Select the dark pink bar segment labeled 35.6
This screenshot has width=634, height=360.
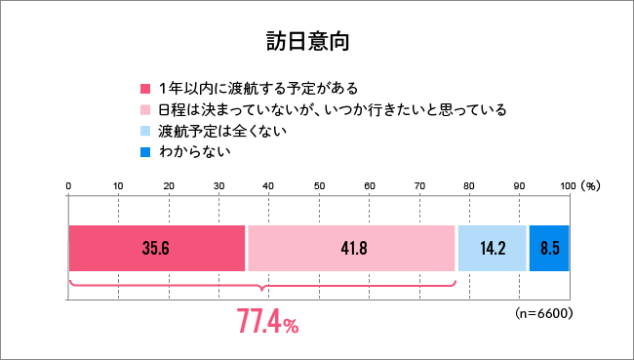point(157,248)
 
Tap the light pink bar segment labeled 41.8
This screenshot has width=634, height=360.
point(351,248)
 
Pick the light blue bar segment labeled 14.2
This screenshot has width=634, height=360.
point(492,248)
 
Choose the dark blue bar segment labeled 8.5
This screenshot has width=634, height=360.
point(548,248)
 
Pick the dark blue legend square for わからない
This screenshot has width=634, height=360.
point(145,153)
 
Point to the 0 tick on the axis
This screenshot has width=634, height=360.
point(68,185)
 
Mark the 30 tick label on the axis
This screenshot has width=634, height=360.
point(218,185)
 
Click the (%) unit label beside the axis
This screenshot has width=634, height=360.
point(591,185)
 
